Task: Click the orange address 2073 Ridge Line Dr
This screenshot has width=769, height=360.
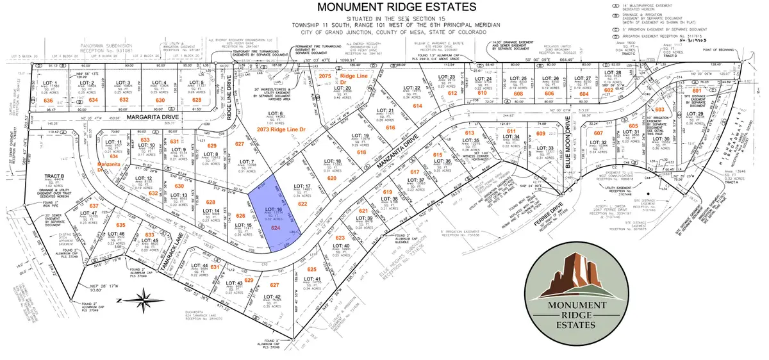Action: pos(286,129)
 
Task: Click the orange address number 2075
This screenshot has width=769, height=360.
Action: pos(326,76)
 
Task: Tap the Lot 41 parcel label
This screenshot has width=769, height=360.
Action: pos(313,279)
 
